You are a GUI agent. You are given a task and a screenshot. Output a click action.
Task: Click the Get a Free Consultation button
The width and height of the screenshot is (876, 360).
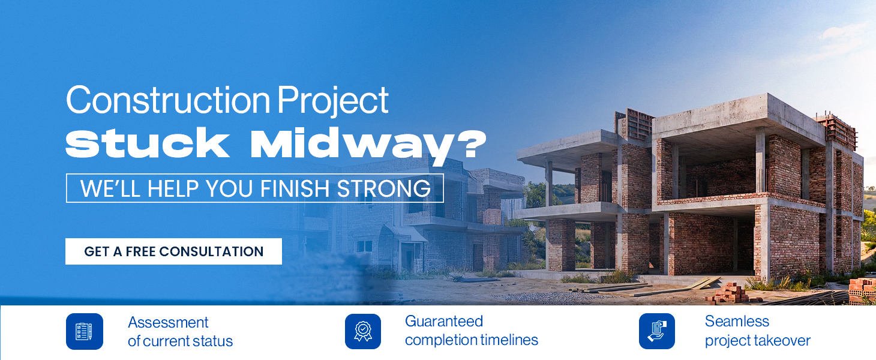pyautogui.click(x=173, y=251)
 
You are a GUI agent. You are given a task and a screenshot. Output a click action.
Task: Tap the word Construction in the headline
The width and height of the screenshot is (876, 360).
pyautogui.click(x=168, y=100)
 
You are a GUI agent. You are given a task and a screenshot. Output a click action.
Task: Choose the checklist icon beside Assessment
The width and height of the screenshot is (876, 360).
pyautogui.click(x=84, y=331)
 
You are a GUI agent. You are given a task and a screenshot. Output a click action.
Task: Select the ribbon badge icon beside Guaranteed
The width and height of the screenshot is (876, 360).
pyautogui.click(x=363, y=331)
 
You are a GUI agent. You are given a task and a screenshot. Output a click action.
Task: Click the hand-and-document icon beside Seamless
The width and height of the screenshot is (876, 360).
pyautogui.click(x=657, y=331)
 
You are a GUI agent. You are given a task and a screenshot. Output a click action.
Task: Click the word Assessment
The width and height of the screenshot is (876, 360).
pyautogui.click(x=168, y=323)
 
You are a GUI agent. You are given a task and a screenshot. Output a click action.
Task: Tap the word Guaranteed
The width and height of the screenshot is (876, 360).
pyautogui.click(x=444, y=321)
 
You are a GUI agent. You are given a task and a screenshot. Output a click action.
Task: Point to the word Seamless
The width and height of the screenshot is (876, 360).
pyautogui.click(x=737, y=321)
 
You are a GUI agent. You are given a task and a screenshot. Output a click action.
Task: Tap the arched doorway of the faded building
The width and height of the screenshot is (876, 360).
pyautogui.click(x=396, y=246)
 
